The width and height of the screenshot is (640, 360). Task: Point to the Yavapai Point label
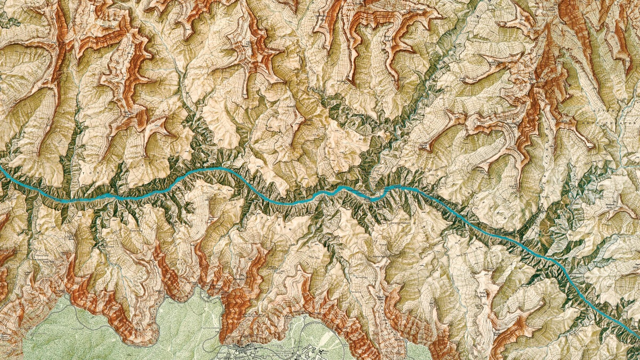click(x=341, y=320)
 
